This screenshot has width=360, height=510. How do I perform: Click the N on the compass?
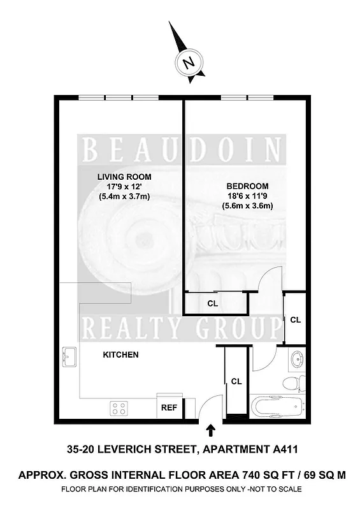click(188, 63)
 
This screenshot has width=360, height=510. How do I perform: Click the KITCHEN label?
click(121, 354)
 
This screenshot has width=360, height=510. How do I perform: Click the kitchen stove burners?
click(119, 407)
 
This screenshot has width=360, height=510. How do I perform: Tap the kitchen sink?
click(69, 357)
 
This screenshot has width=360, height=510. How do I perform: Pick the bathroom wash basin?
click(298, 359)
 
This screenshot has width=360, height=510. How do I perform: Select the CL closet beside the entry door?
click(236, 381)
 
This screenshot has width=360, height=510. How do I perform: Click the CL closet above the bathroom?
click(295, 319)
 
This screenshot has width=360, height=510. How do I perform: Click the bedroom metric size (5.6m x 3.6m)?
click(247, 206)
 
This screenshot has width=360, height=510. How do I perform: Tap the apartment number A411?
click(281, 449)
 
